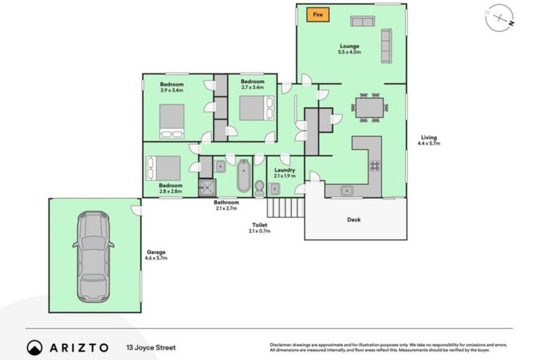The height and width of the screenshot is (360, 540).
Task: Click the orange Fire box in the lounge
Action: click(317, 14)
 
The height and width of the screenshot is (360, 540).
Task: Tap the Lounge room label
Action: click(349, 49)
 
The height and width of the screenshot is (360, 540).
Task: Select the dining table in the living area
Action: click(370, 108)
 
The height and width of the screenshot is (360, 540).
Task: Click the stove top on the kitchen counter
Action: click(375, 167)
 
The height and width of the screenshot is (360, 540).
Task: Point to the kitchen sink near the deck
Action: click(346, 191)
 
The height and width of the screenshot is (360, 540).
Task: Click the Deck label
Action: click(354, 220)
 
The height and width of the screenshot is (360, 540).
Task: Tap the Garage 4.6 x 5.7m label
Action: click(156, 255)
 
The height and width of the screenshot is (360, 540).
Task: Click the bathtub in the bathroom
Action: click(243, 176)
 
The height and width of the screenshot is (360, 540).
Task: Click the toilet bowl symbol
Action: click(259, 188)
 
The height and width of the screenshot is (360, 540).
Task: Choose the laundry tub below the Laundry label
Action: click(275, 188)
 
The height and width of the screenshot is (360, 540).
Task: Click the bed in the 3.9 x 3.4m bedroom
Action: click(172, 121)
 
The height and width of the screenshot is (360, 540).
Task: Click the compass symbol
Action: click(499, 19)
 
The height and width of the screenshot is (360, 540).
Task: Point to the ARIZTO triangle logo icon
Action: click(34, 347)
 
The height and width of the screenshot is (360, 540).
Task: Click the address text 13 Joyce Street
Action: click(150, 347)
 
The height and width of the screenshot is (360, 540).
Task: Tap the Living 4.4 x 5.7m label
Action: click(428, 140)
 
